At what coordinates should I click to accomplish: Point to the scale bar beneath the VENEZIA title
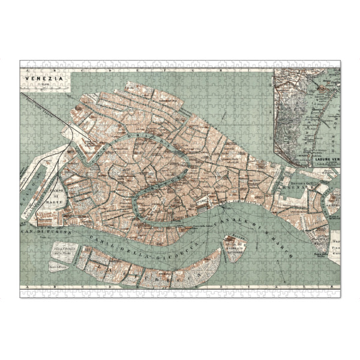pos(40,85)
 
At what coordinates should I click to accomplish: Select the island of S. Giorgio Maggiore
pos(234,246)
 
